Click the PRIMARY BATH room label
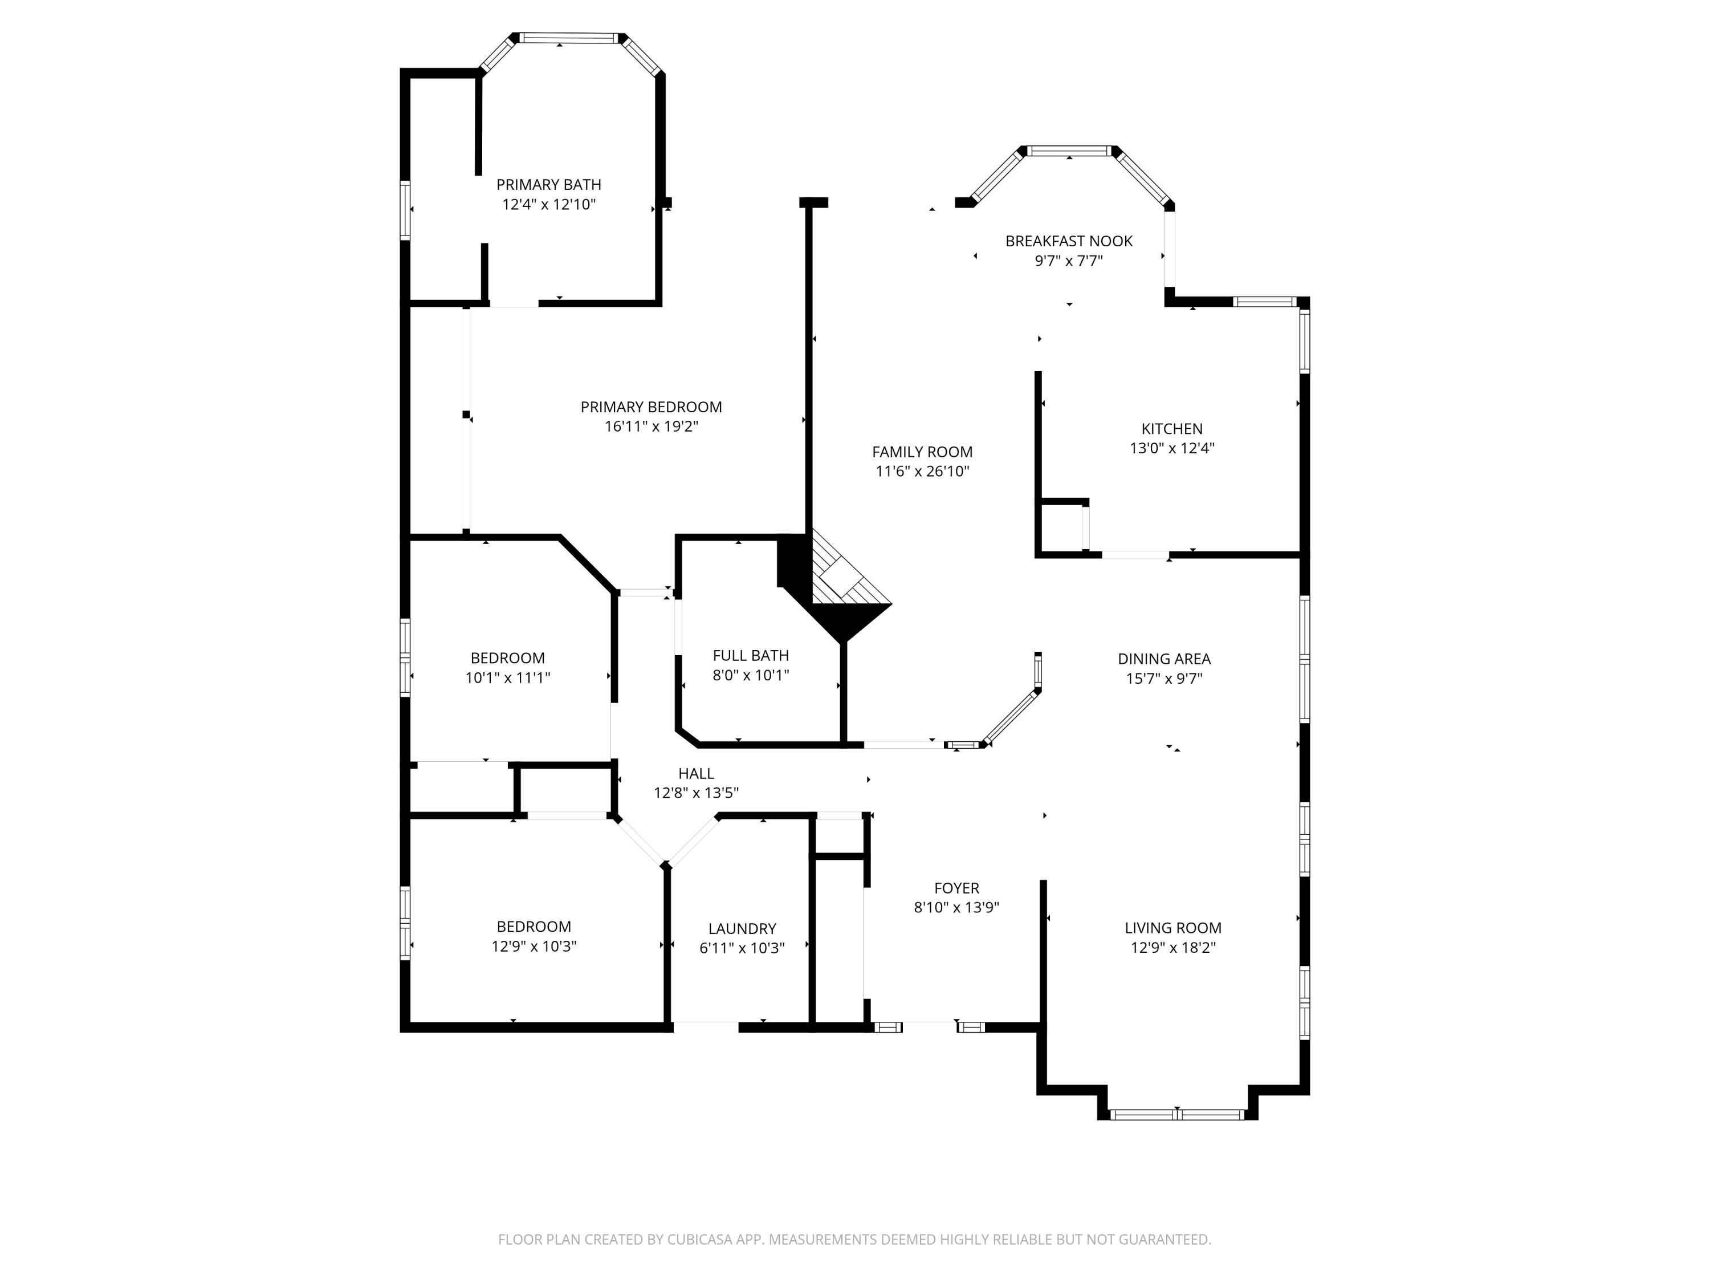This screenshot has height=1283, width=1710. [548, 185]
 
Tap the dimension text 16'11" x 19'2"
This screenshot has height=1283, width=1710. [651, 427]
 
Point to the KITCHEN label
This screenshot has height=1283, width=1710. [1171, 428]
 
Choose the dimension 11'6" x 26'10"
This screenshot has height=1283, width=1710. [922, 472]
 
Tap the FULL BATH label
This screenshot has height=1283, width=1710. [750, 656]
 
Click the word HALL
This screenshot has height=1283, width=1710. [696, 773]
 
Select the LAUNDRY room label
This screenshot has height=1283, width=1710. [742, 929]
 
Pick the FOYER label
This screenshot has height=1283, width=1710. [956, 888]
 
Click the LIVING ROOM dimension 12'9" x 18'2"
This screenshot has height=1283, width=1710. [1172, 948]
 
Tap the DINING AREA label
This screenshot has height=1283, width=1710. [1163, 659]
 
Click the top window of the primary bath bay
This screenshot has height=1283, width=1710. [571, 38]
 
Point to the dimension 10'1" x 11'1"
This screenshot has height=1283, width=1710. [507, 678]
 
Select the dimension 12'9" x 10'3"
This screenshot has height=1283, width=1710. [534, 947]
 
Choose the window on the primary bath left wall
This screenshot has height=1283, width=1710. [404, 210]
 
